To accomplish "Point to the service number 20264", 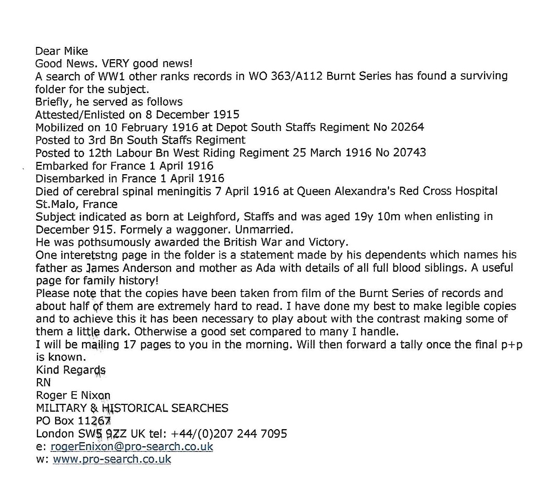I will click(x=407, y=127).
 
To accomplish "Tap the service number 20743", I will click(x=409, y=153).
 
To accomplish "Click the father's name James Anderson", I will click(x=129, y=268).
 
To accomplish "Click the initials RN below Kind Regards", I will click(x=43, y=383).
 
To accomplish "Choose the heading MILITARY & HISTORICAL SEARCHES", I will click(x=132, y=408).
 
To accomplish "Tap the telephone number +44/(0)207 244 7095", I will click(x=229, y=434).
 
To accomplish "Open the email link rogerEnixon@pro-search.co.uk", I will click(x=132, y=447).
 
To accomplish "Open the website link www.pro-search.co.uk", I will click(x=112, y=459).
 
